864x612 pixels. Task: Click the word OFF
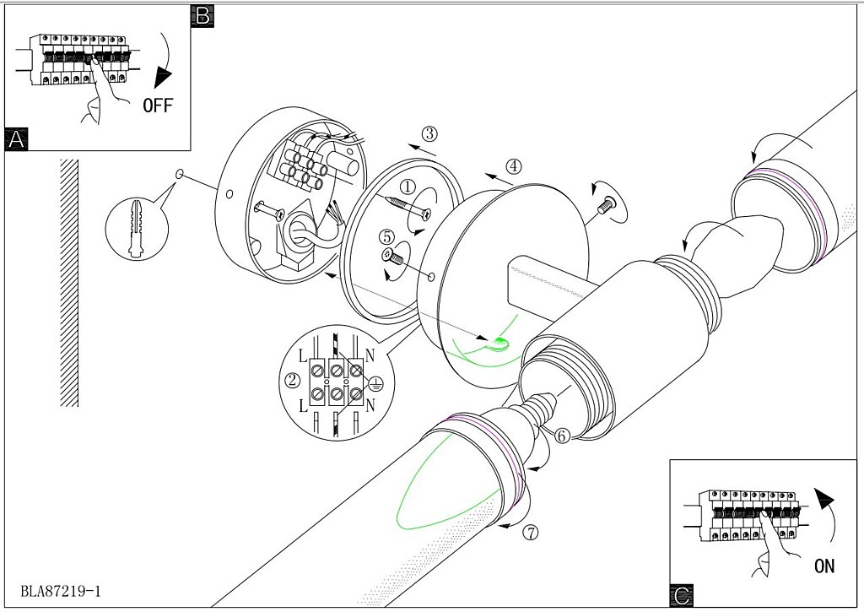[158, 105]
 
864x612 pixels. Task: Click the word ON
[824, 566]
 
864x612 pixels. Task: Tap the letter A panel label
[16, 139]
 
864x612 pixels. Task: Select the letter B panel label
[202, 16]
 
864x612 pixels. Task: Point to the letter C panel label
[682, 595]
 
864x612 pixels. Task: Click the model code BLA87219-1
[61, 592]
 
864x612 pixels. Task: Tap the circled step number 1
[408, 187]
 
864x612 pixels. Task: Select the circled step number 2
[293, 380]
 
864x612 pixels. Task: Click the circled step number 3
[429, 134]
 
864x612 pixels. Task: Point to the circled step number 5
[386, 238]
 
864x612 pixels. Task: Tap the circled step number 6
[561, 436]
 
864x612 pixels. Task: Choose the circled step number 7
[530, 533]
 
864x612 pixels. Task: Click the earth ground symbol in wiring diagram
[375, 382]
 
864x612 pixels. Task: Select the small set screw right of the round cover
[607, 205]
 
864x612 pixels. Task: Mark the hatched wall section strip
[69, 283]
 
